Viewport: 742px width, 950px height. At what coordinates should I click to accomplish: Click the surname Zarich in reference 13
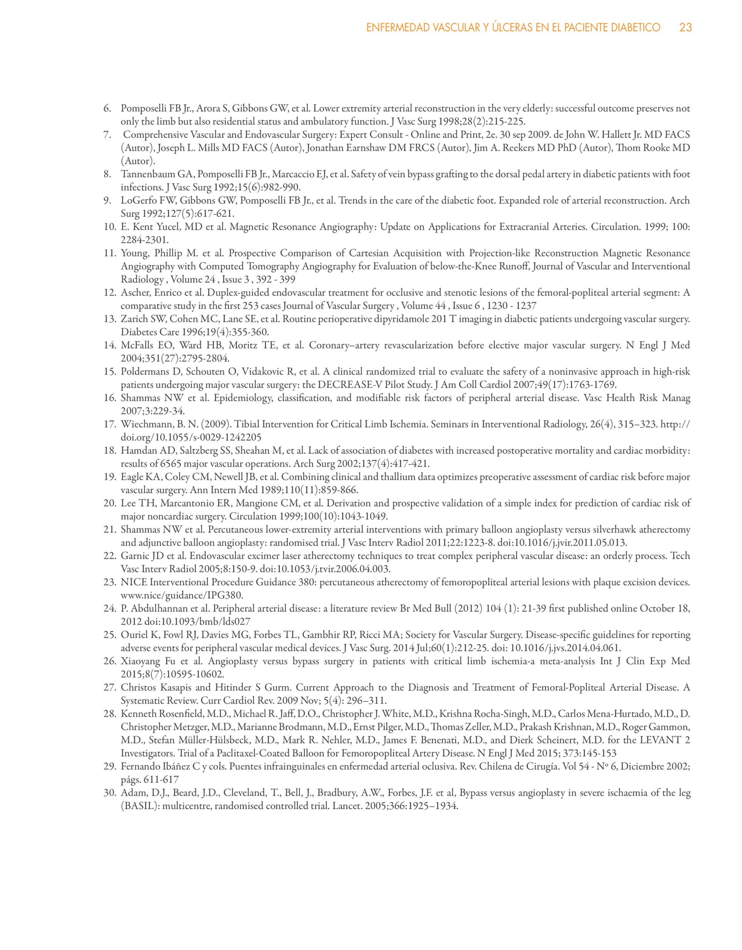coord(132,319)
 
